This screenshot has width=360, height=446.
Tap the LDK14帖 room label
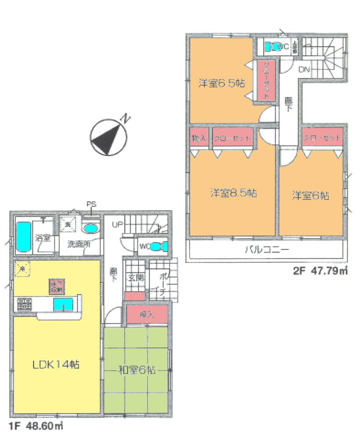[56, 364]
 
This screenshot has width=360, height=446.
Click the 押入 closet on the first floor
[147, 315]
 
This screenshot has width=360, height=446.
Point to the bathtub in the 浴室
[24, 237]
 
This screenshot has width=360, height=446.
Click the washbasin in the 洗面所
[90, 228]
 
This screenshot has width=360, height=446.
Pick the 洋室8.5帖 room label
[233, 193]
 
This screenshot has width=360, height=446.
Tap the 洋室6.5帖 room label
[221, 83]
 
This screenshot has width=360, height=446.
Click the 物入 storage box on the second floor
[199, 138]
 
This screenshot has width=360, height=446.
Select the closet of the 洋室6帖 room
[322, 138]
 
